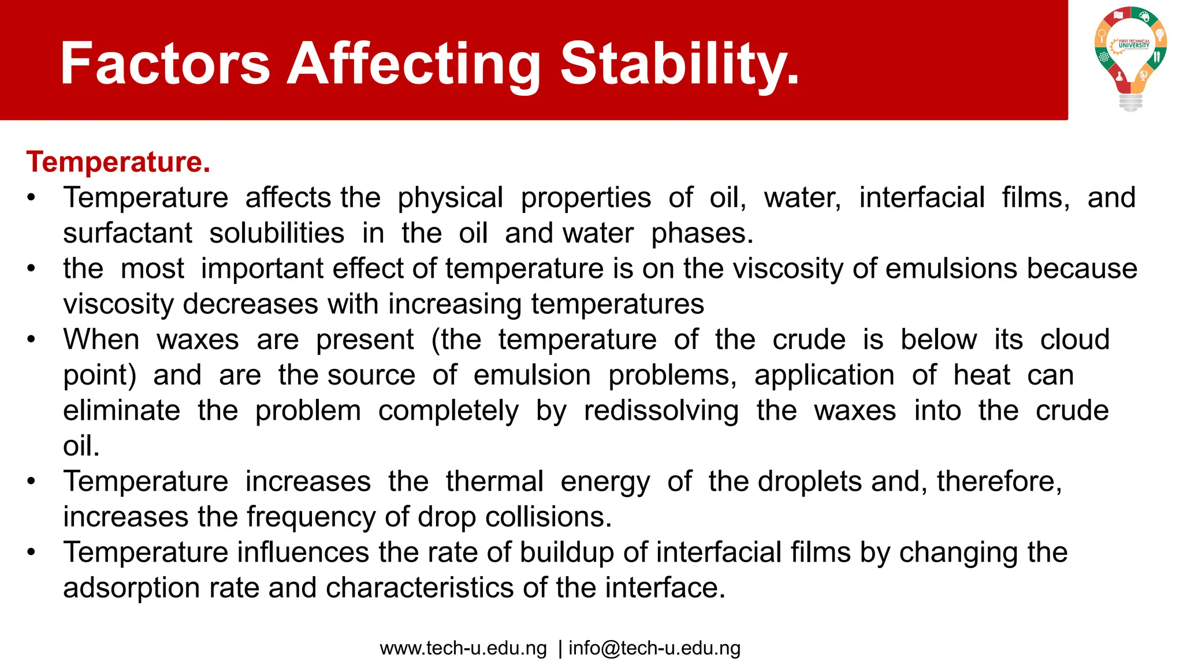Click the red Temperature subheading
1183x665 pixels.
pos(118,162)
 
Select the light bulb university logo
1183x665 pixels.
pos(1130,58)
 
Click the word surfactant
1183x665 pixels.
pos(127,233)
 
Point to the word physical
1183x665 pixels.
pos(450,198)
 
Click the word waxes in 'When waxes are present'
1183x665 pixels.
pos(198,339)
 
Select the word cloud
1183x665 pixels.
pos(1074,339)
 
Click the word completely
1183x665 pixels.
pos(448,411)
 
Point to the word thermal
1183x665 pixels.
pos(494,481)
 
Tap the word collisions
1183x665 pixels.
pos(548,517)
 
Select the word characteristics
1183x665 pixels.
pos(420,588)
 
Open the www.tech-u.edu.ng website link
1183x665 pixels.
pos(463,648)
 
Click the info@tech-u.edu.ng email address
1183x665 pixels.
pos(654,648)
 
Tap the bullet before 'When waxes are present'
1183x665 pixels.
pos(31,339)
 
